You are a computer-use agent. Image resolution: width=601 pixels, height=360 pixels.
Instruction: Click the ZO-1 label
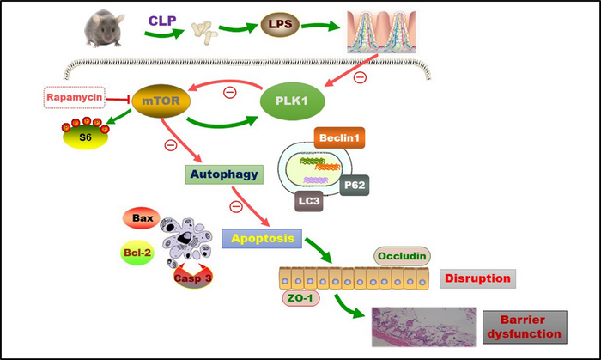click(303, 297)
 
